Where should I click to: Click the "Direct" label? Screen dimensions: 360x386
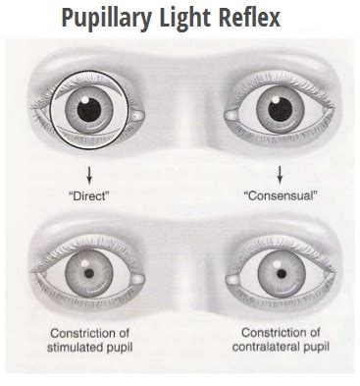(x=89, y=196)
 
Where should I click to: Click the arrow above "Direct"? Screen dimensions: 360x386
(x=89, y=175)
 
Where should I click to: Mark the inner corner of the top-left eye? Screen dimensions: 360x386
(x=138, y=117)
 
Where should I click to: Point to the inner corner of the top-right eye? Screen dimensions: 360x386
(x=224, y=117)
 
